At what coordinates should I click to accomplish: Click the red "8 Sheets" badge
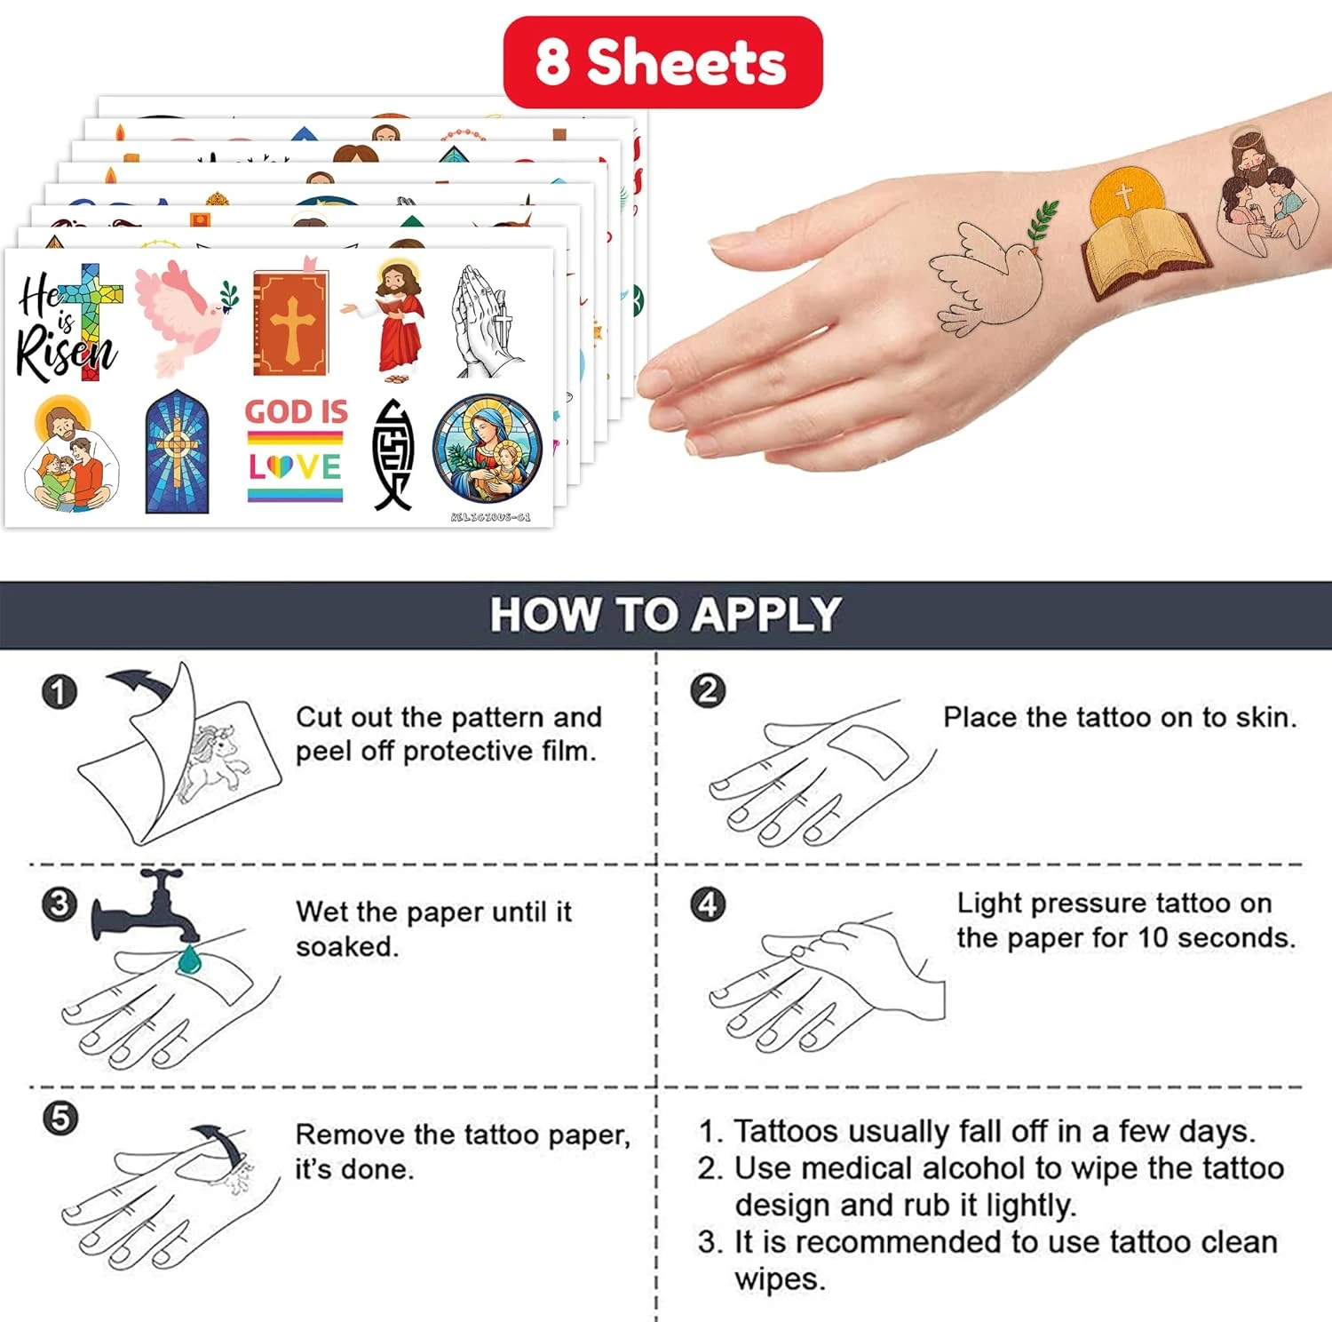[x=662, y=62]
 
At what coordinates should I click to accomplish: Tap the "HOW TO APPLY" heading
[x=665, y=614]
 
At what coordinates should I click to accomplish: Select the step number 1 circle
[x=59, y=692]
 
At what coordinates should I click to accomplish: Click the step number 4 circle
[x=708, y=904]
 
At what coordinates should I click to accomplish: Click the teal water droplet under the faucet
[x=188, y=959]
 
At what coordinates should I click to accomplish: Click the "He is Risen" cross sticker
[x=67, y=323]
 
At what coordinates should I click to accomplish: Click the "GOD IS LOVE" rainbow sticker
[x=296, y=449]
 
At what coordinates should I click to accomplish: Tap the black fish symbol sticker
[x=392, y=454]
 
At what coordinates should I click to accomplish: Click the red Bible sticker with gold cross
[x=290, y=320]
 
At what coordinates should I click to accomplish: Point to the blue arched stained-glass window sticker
[x=178, y=451]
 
